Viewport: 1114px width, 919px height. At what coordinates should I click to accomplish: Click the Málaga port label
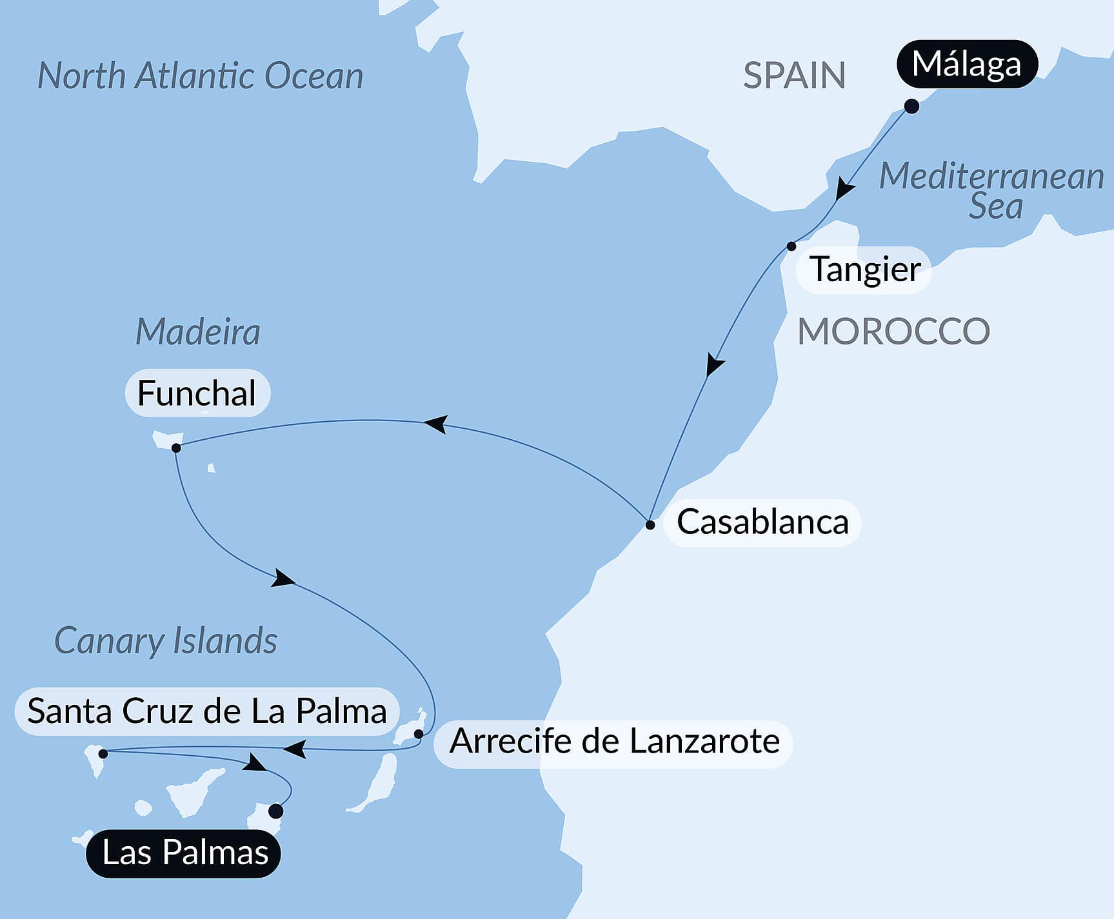click(966, 64)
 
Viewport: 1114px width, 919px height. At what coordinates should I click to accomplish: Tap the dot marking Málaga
click(911, 106)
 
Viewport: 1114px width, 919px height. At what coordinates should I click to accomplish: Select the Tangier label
click(864, 270)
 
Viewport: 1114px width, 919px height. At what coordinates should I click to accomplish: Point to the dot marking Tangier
click(791, 246)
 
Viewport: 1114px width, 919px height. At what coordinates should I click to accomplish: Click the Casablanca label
click(762, 522)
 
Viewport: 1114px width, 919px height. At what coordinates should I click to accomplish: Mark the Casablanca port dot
click(650, 525)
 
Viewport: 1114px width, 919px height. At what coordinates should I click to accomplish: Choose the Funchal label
click(197, 393)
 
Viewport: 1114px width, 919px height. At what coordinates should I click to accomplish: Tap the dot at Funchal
click(176, 448)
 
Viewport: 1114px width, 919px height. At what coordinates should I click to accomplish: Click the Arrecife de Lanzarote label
click(613, 742)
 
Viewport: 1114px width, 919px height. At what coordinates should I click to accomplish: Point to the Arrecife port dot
click(418, 734)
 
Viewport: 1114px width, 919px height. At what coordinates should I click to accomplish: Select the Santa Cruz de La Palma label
click(206, 712)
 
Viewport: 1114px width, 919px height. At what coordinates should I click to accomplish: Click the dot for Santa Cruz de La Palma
click(103, 753)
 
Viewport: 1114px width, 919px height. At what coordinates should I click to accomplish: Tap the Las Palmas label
click(184, 853)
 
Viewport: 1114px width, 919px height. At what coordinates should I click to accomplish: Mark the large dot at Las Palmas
click(275, 811)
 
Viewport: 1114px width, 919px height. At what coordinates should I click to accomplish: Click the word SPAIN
click(794, 75)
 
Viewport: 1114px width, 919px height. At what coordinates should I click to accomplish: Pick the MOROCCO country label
click(893, 331)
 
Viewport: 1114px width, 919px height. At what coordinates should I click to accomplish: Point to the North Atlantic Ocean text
click(200, 76)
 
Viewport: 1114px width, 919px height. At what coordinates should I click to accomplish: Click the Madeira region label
click(197, 332)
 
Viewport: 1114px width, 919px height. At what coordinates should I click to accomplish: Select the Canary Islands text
click(166, 641)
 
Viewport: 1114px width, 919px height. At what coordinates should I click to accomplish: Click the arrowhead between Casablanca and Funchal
click(435, 424)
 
